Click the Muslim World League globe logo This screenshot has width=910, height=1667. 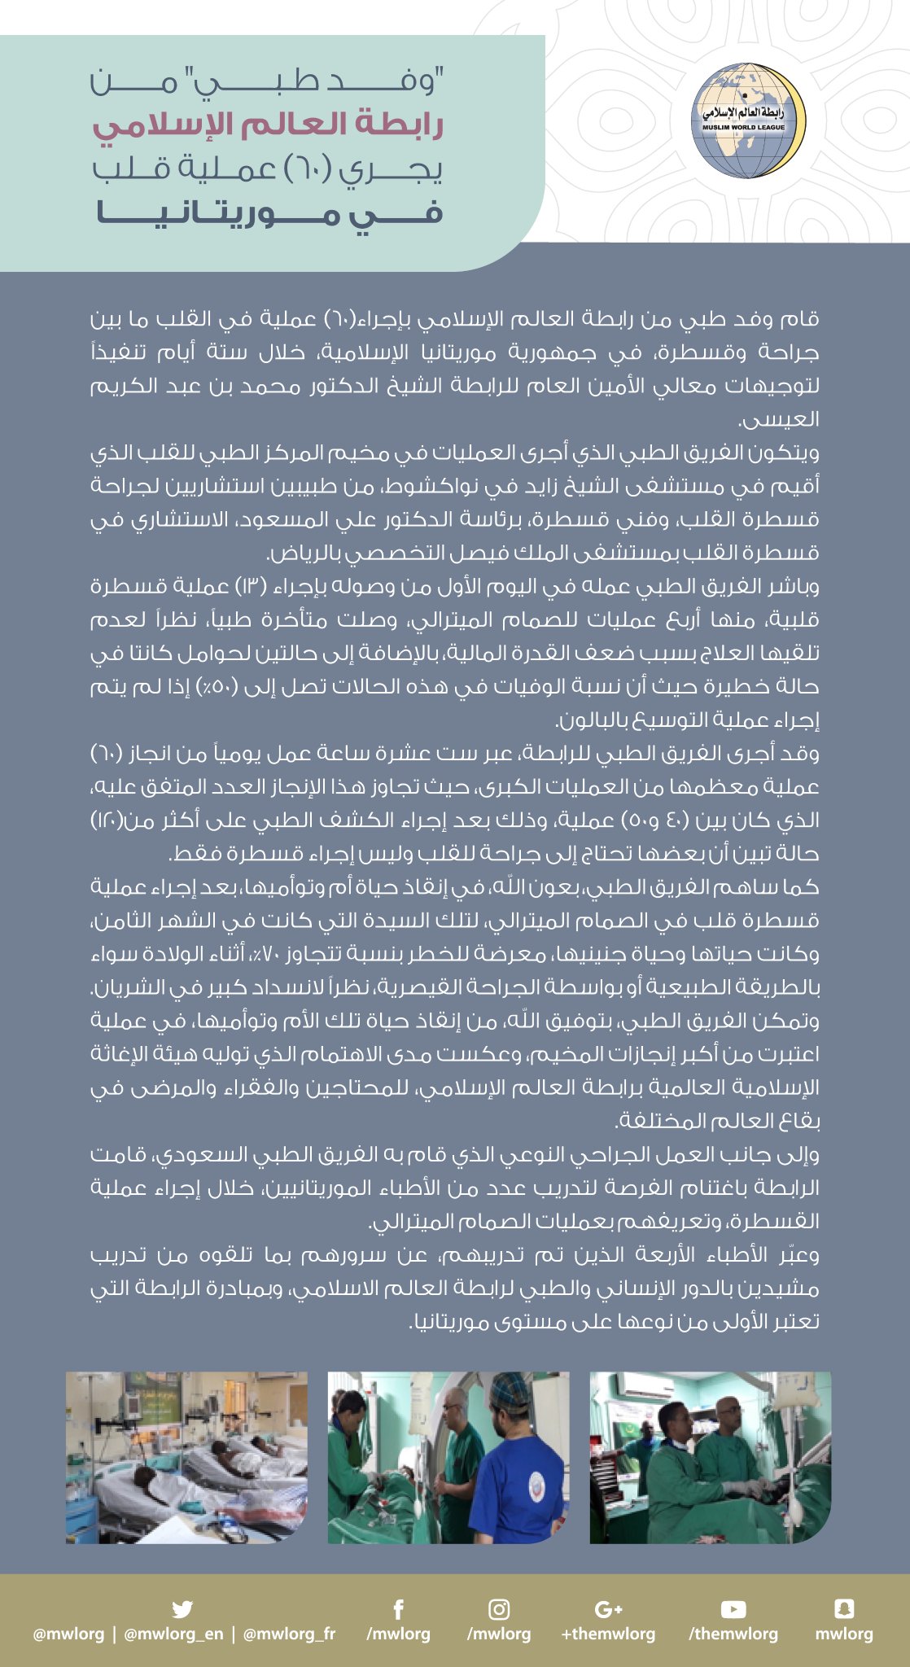click(x=747, y=120)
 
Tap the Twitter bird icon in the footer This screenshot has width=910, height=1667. click(x=182, y=1609)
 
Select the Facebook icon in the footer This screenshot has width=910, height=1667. click(x=399, y=1609)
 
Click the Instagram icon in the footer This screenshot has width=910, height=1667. click(x=499, y=1609)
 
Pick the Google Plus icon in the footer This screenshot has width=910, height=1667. click(x=608, y=1609)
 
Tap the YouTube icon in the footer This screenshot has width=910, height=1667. click(x=733, y=1609)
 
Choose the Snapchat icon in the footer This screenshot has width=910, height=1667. click(x=844, y=1608)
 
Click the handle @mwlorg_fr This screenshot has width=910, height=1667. click(x=289, y=1634)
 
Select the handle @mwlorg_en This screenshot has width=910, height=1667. click(x=173, y=1634)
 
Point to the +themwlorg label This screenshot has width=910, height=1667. click(x=608, y=1634)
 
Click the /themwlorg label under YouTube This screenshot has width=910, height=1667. click(x=733, y=1634)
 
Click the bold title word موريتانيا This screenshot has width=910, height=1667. click(x=220, y=214)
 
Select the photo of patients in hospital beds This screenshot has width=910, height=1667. click(x=186, y=1457)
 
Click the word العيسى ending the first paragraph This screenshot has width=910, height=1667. click(x=778, y=419)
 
